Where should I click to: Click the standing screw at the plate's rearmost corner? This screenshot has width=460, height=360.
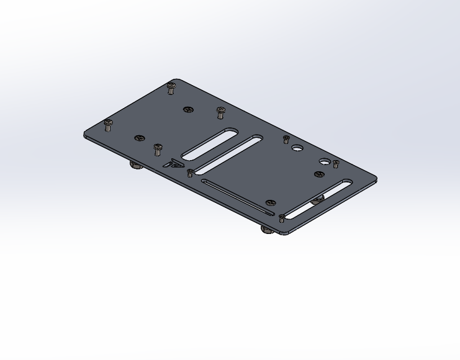tap(172, 88)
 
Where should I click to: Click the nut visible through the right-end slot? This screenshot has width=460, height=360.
tap(318, 199)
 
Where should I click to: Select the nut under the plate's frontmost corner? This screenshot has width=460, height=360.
tap(268, 230)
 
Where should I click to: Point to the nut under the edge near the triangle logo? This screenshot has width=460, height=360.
tap(133, 165)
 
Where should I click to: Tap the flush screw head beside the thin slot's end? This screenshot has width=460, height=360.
tap(271, 203)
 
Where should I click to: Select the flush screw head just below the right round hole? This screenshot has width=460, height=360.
tap(320, 174)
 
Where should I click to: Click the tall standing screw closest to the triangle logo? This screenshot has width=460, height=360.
tap(158, 149)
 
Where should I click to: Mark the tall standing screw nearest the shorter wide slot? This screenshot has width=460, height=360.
tap(220, 112)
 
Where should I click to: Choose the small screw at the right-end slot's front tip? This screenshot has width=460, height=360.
tap(282, 218)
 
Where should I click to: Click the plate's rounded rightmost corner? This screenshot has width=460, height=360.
tap(374, 181)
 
